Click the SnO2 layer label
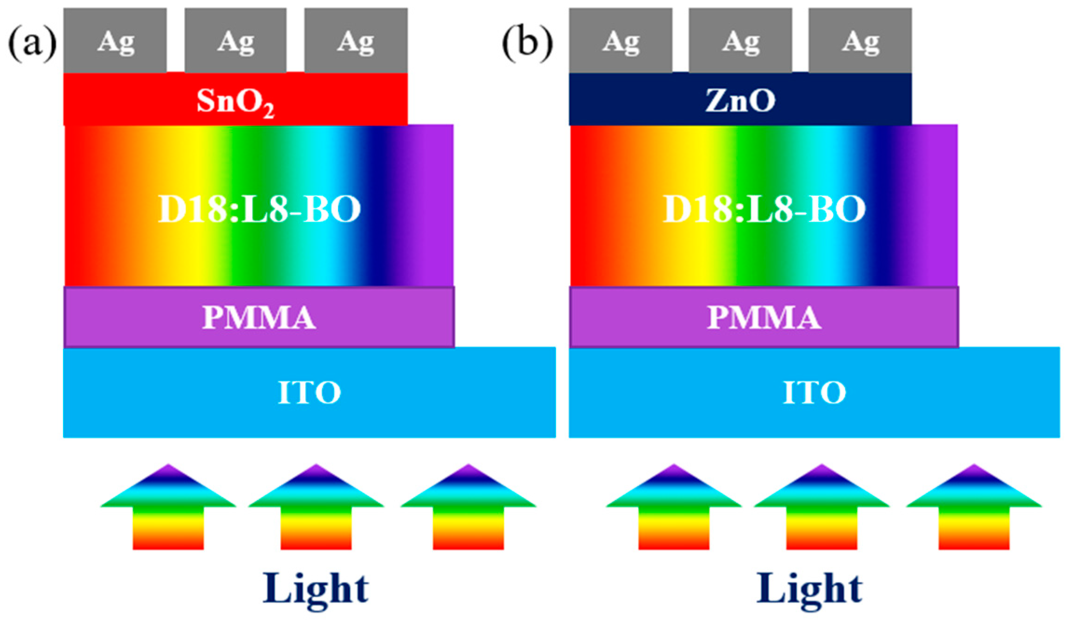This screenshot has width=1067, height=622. (235, 101)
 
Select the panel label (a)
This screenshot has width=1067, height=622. (32, 44)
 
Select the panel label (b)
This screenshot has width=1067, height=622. (527, 44)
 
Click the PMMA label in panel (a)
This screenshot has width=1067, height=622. (259, 318)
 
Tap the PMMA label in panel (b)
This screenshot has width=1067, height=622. (764, 318)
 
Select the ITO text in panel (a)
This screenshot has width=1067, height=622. (309, 392)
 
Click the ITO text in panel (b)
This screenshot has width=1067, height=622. (814, 392)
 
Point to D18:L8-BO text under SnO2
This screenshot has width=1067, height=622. (259, 209)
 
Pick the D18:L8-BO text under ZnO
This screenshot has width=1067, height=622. (764, 209)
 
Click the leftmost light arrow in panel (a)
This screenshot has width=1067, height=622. (168, 509)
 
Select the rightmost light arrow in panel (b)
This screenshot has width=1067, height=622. (974, 509)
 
